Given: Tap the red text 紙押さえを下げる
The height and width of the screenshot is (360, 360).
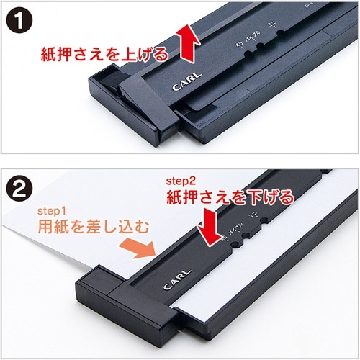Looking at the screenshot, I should coord(230,195).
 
